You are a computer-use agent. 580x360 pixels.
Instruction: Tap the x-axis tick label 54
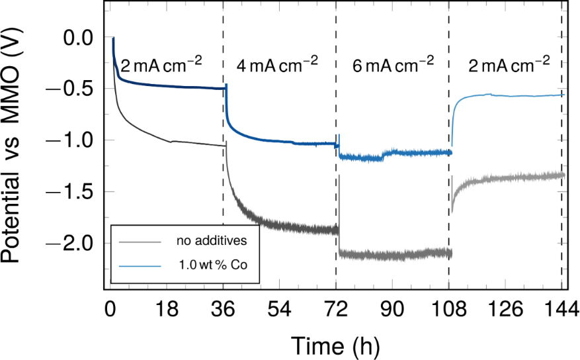280,310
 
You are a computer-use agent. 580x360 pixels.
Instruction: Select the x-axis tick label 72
336,310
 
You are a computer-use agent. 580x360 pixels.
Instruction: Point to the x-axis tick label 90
393,310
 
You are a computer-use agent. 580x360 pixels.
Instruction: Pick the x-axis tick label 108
449,310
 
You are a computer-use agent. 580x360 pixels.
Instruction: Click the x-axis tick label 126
506,310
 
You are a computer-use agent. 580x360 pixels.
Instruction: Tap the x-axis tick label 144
561,310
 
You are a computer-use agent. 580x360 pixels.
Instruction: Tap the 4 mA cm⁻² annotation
277,64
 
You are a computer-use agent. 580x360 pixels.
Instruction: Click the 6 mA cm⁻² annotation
393,64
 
